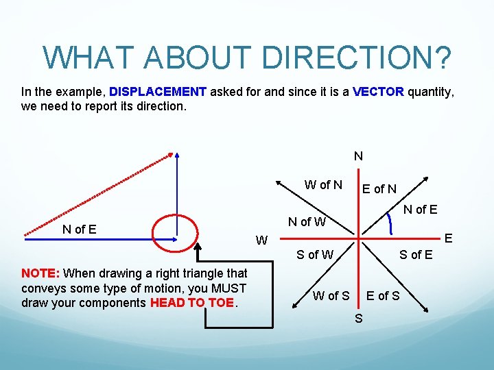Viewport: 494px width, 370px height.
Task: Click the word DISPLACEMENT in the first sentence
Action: coord(158,92)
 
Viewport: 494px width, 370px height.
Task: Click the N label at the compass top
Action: coord(358,156)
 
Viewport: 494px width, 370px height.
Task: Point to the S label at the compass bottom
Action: coord(358,319)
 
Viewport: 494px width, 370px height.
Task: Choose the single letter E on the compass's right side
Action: coord(449,238)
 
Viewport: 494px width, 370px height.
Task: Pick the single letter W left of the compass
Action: coord(261,241)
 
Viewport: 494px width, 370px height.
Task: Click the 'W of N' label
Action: coord(323,184)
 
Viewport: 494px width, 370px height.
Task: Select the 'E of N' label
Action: coord(379,189)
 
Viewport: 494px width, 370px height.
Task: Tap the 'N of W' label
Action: coord(307,221)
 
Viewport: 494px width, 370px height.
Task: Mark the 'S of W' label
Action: coord(315,256)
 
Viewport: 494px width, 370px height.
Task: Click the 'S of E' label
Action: coord(416,256)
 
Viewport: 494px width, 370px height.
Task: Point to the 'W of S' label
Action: coord(331,296)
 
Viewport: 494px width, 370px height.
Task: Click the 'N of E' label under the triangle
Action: coord(79,230)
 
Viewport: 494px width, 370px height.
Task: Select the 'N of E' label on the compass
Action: coord(420,210)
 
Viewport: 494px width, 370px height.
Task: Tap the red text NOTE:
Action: coord(40,273)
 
